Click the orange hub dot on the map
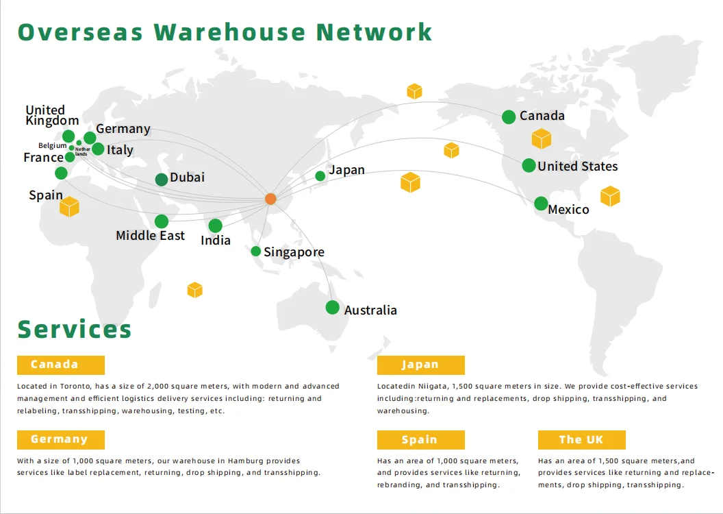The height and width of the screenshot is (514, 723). [x=270, y=199]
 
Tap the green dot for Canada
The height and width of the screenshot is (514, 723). [x=509, y=117]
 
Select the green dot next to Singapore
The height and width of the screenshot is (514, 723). [x=256, y=252]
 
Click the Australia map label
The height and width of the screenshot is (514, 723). [x=370, y=310]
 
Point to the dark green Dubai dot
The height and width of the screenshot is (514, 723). [x=162, y=180]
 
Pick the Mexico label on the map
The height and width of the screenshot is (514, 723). [x=568, y=210]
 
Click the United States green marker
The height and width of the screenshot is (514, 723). [x=529, y=165]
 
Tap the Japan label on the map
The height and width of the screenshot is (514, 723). [x=346, y=170]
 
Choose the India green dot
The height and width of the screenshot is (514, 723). [x=215, y=225]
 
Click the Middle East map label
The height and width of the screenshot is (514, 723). [x=151, y=236]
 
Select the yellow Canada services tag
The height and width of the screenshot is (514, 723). [x=61, y=365]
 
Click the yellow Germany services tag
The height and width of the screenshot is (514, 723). [x=61, y=439]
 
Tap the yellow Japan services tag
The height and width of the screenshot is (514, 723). [x=420, y=365]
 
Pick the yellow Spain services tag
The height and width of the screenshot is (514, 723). [x=420, y=439]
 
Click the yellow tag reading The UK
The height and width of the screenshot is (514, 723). [x=581, y=439]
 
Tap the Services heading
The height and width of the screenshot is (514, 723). [x=75, y=329]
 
